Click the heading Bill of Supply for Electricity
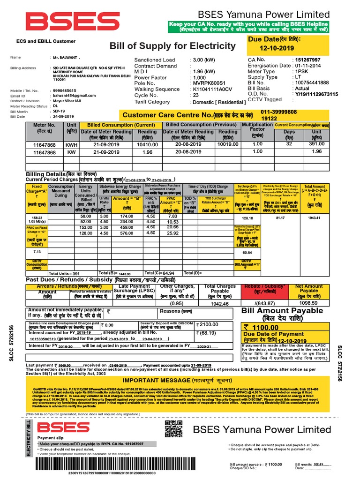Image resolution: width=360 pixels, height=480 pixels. [x=172, y=46]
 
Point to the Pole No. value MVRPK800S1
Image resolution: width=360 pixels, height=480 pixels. [x=210, y=83]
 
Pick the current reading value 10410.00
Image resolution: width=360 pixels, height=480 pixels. [x=147, y=145]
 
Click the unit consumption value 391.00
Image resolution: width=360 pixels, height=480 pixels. [x=317, y=145]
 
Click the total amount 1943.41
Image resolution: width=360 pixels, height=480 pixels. [x=314, y=218]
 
